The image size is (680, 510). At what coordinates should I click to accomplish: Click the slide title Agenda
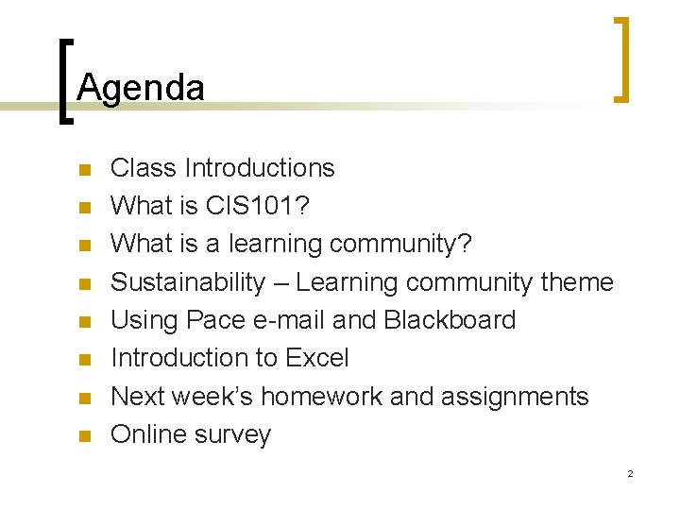(141, 88)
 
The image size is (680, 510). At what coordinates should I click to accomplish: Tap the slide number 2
(630, 473)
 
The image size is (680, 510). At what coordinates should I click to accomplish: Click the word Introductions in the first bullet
(260, 168)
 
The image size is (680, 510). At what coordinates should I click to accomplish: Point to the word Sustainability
(188, 282)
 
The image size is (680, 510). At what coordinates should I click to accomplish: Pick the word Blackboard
(450, 320)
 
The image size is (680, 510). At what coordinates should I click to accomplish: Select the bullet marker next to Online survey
(84, 437)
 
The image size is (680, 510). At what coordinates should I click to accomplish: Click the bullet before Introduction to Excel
(84, 361)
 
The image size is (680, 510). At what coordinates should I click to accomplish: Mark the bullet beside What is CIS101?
(84, 209)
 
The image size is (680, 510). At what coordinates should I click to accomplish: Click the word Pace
(215, 320)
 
